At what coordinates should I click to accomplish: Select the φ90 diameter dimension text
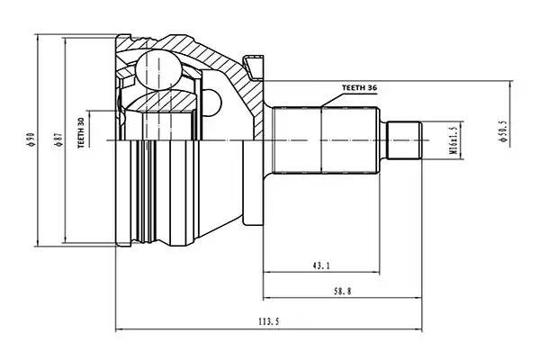tap(31, 139)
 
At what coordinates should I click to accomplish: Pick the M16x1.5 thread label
tap(453, 140)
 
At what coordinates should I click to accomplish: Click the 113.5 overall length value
tap(266, 322)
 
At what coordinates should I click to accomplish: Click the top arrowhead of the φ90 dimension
tap(39, 37)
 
